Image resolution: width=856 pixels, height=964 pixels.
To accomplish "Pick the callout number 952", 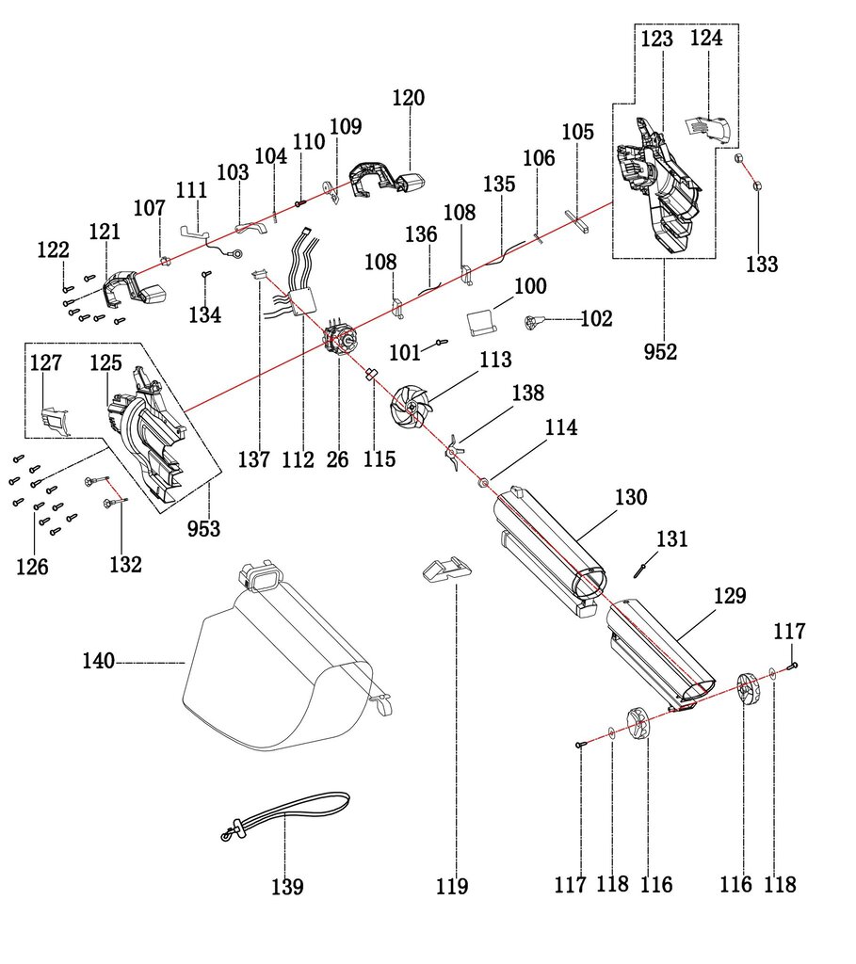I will pyautogui.click(x=661, y=352).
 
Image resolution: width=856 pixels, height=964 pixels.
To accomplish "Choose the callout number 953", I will pyautogui.click(x=204, y=528).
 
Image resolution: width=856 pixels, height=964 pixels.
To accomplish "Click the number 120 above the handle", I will pyautogui.click(x=409, y=98).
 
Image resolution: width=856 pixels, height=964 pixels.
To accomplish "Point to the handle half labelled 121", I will pyautogui.click(x=132, y=287).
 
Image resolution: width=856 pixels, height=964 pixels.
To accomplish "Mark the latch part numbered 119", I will pyautogui.click(x=445, y=570).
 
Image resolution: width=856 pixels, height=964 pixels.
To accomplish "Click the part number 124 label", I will pyautogui.click(x=706, y=39).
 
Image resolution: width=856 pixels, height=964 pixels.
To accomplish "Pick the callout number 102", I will pyautogui.click(x=596, y=319).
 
